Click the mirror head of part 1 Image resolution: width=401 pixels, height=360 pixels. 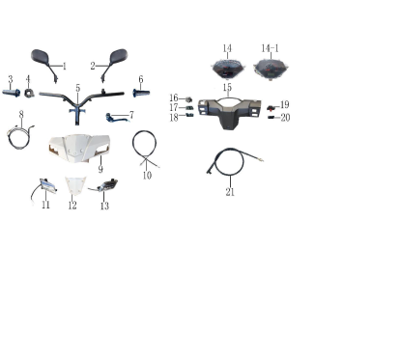coord(40,57)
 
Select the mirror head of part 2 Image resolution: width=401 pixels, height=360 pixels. coord(119,56)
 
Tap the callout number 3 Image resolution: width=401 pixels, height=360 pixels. coord(11,79)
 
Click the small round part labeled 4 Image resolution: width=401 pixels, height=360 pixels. coord(29,93)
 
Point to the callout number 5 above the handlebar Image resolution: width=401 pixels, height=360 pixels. coord(78,88)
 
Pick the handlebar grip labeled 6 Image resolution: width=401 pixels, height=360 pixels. coord(141,94)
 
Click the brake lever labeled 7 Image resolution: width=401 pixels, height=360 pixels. coord(117,118)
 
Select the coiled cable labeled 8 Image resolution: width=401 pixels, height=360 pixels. coord(18,137)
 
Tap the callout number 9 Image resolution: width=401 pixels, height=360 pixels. coord(100,169)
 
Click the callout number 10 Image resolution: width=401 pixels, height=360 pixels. coord(147,176)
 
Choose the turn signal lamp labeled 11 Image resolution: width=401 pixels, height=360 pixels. coord(47,185)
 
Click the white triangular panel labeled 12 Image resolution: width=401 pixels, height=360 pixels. coord(75,185)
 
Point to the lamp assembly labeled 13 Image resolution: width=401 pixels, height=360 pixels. coord(107,185)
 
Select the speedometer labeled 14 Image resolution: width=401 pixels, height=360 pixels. coord(228,69)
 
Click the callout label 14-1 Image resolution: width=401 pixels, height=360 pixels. coord(270,48)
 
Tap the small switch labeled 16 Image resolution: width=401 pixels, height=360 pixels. coord(188,99)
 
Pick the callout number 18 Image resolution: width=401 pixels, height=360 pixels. coord(174,118)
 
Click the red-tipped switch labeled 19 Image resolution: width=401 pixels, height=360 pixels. coord(272,108)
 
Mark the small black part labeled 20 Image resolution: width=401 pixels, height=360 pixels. coord(272,117)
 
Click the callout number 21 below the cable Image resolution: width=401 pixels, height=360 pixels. coord(230,192)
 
